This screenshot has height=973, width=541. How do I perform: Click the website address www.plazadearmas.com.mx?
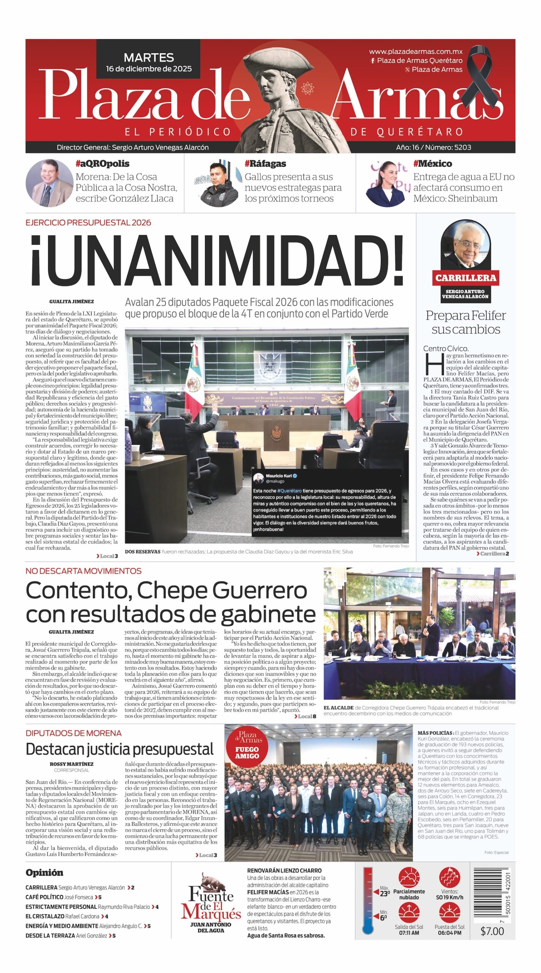click(x=416, y=51)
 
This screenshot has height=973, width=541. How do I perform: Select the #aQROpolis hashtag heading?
click(x=102, y=164)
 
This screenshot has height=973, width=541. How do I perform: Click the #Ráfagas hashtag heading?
click(x=265, y=164)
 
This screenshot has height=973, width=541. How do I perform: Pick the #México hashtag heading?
click(x=432, y=164)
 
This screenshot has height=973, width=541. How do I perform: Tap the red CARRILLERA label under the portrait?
click(x=465, y=278)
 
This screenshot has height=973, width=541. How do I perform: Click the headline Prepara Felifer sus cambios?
click(x=465, y=322)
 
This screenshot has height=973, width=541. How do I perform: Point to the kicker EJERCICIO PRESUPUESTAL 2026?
click(x=88, y=223)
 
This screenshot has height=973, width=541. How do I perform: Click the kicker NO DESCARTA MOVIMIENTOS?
click(x=84, y=571)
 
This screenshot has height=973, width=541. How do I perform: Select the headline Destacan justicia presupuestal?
click(x=120, y=749)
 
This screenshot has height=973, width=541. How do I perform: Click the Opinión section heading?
click(x=44, y=873)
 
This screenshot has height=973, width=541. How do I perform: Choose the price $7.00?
click(x=492, y=931)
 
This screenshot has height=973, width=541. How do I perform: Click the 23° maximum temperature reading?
click(x=385, y=893)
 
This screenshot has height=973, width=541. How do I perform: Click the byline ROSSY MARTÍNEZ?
click(x=71, y=764)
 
